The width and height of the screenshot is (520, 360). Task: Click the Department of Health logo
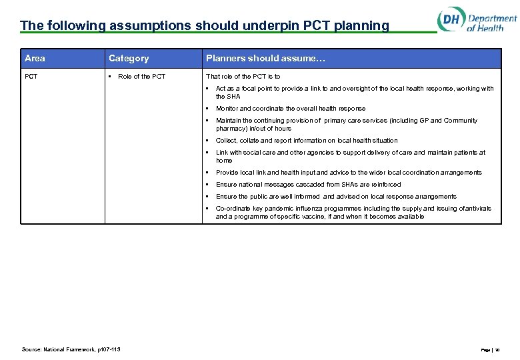point(476,21)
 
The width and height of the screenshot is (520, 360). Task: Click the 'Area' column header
point(35,59)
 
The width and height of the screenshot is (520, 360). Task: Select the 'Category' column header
point(129,59)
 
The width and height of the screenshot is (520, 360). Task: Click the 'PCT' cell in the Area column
point(31,77)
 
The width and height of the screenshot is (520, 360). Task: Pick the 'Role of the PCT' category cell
point(141,77)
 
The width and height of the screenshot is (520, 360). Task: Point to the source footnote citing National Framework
point(71,349)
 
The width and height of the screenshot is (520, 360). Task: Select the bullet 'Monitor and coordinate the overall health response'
point(290,109)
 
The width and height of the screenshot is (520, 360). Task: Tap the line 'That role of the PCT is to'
point(243,77)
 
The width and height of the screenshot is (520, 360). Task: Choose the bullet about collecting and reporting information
point(306,141)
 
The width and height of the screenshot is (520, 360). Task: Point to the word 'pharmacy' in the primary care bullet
point(230,129)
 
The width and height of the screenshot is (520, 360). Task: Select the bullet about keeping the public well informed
point(336,197)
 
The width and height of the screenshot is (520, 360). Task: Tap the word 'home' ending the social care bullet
point(224,161)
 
